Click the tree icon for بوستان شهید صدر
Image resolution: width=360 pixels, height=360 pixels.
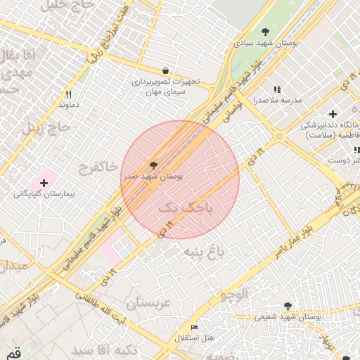pyautogui.click(x=153, y=165)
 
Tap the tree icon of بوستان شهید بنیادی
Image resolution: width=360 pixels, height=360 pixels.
pyautogui.click(x=265, y=31)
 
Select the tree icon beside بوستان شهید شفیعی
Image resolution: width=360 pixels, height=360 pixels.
pyautogui.click(x=288, y=305)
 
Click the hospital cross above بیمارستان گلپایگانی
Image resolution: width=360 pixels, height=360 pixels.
pyautogui.click(x=44, y=182)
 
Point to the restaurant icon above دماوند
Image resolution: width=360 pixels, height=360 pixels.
pyautogui.click(x=68, y=94)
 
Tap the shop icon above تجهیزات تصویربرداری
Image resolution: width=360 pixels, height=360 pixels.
pyautogui.click(x=165, y=70)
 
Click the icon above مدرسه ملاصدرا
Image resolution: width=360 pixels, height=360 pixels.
pyautogui.click(x=277, y=89)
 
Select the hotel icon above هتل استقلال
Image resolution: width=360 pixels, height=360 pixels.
pyautogui.click(x=194, y=328)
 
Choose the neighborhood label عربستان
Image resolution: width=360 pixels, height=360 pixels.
pyautogui.click(x=148, y=303)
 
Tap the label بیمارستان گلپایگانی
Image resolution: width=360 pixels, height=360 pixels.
pyautogui.click(x=45, y=193)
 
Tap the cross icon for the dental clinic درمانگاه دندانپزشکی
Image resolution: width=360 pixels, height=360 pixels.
pyautogui.click(x=333, y=114)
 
